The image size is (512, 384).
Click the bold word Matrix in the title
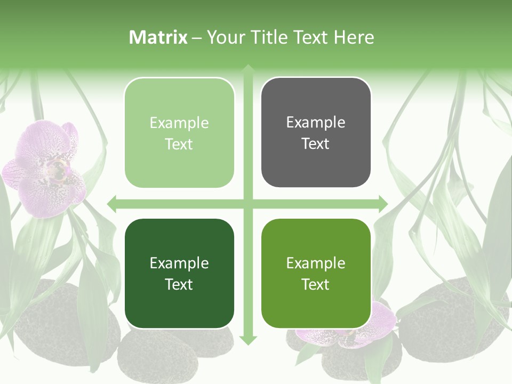pos(158,37)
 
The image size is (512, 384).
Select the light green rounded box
pos(179,133)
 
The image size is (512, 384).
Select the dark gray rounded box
pos(316,132)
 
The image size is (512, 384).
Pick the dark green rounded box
pos(179,273)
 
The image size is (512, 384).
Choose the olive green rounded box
pos(316,273)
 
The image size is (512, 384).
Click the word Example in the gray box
pos(316,122)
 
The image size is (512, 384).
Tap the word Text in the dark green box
pos(179,284)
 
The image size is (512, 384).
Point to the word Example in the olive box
pos(316,263)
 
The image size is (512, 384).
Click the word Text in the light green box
pos(179,144)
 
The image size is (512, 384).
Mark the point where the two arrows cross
pos(248,204)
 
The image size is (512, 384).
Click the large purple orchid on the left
pos(45,168)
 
